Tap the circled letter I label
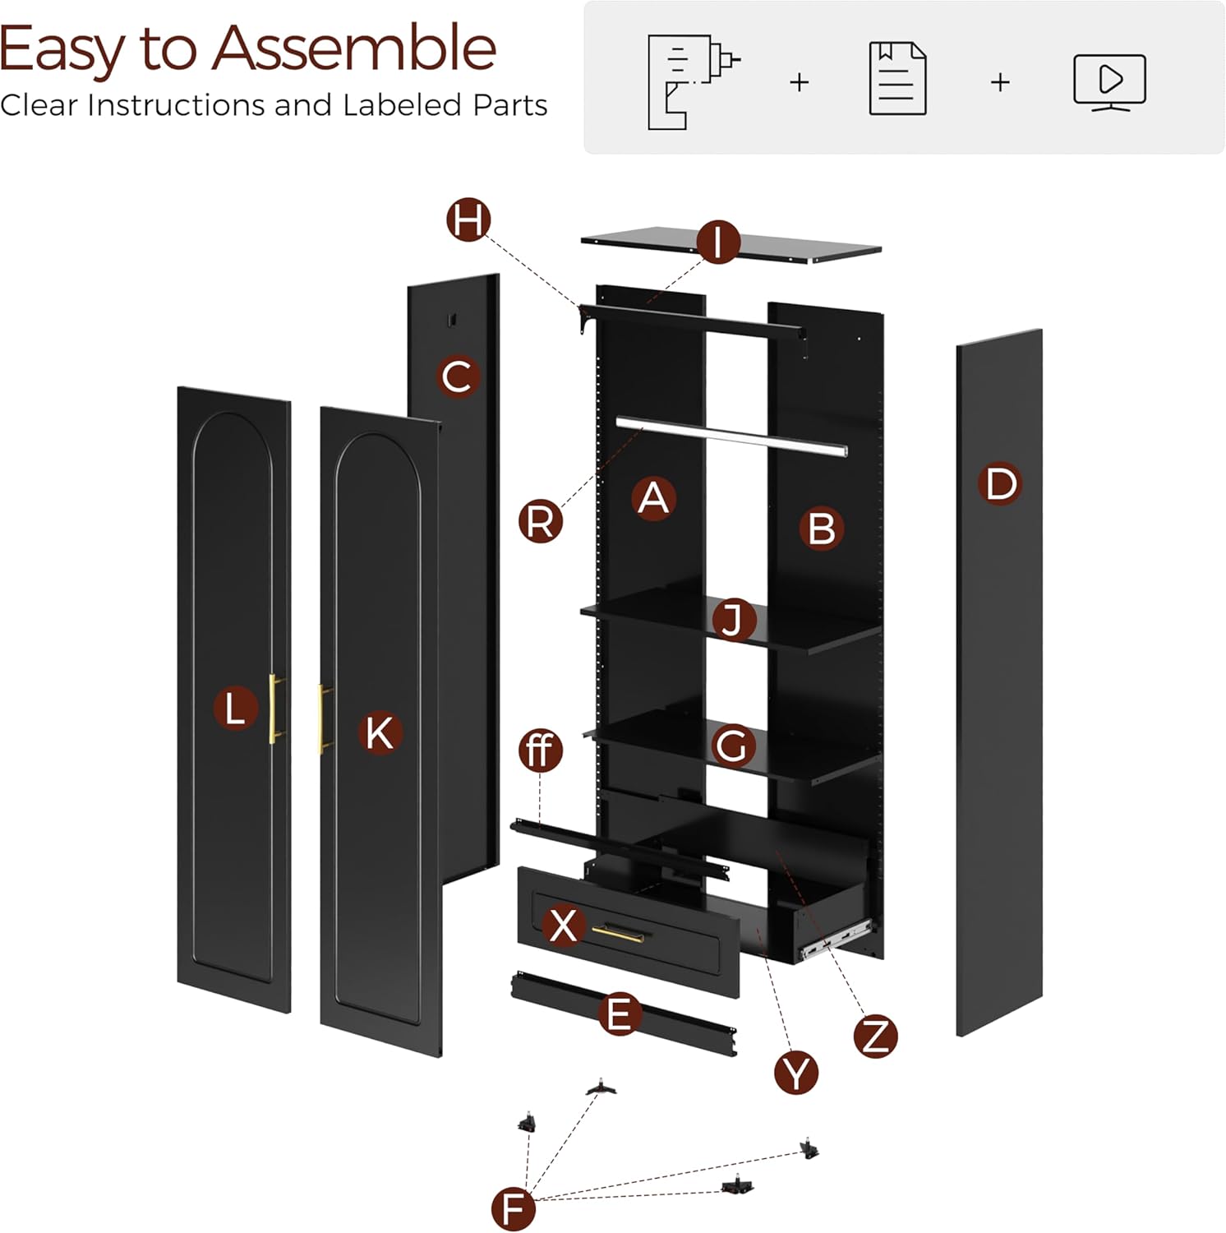(x=718, y=242)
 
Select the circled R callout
(x=541, y=521)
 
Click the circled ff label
(x=541, y=750)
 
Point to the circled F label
(x=513, y=1208)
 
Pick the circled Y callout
(x=796, y=1072)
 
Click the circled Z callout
(x=875, y=1036)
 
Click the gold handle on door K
(x=324, y=718)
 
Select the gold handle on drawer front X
(x=618, y=932)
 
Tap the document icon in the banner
(x=897, y=79)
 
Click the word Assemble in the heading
(x=354, y=49)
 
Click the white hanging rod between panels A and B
(x=731, y=435)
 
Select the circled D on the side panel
(x=999, y=483)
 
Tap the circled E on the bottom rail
(x=619, y=1013)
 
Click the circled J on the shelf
(x=733, y=619)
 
